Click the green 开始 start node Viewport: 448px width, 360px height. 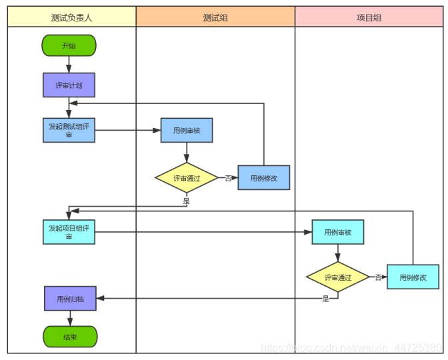coord(69,45)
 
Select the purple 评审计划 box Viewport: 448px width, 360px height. coord(69,85)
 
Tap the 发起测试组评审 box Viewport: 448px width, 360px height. coord(69,130)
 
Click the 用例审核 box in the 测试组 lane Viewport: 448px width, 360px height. coord(187,130)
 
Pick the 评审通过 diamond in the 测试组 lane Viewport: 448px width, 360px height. coord(187,178)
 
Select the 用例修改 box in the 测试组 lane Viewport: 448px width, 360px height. coord(264,178)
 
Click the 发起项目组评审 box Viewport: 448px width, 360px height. coord(69,231)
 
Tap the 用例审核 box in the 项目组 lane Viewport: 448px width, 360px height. coord(338,232)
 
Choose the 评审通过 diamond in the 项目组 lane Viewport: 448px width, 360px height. coord(338,277)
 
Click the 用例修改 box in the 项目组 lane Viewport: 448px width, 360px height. coord(413,277)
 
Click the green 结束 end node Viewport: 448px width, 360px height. coord(70,337)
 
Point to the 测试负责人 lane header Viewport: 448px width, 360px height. coord(71,17)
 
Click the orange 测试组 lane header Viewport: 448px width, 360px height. coord(215,17)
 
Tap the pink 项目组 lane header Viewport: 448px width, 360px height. coord(369,17)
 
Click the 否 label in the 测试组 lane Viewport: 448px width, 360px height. coord(228,178)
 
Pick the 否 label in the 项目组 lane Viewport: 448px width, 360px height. coord(378,277)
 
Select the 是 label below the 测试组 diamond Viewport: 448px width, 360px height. coord(187,200)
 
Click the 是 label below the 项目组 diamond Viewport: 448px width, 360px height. coord(326,299)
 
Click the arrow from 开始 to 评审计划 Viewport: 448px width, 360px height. coord(69,65)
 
